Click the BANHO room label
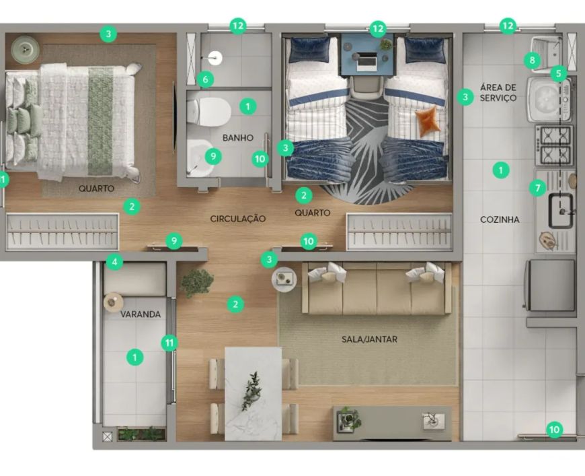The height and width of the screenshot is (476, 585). [237, 138]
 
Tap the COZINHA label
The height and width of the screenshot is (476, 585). [500, 219]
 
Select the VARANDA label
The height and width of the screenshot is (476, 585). [141, 314]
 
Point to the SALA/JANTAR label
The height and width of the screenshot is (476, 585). [369, 339]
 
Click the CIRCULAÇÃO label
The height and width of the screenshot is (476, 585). [237, 219]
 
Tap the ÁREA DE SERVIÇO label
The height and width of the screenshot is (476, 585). [498, 93]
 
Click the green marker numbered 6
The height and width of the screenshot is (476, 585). [206, 79]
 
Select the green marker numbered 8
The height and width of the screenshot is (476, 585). [532, 60]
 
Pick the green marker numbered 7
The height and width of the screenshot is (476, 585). [538, 188]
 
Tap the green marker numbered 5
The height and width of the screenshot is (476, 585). [559, 73]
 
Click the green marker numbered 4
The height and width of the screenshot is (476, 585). [114, 262]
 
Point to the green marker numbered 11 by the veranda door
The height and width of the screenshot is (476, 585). [169, 343]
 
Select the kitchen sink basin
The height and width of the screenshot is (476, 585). [560, 210]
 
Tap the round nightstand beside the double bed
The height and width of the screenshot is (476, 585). [25, 49]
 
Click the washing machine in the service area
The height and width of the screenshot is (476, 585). [549, 100]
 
